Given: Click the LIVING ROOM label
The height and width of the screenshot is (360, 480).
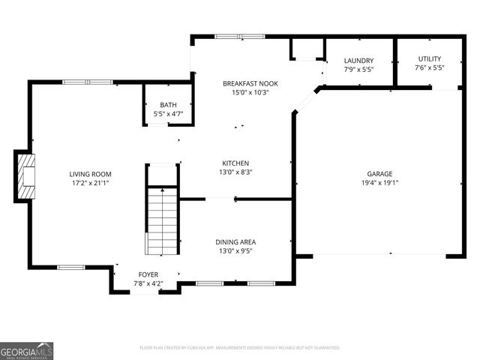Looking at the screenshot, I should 90,173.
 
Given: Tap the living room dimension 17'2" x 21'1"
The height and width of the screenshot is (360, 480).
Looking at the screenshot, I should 90,182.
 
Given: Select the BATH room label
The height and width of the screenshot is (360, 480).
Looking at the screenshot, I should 168,105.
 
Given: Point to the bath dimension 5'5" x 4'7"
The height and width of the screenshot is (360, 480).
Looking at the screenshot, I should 168,114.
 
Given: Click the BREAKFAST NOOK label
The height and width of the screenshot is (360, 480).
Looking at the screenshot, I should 240,83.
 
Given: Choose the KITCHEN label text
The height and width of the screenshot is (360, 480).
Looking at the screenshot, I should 235,163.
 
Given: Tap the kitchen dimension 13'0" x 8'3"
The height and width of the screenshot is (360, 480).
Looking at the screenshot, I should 235,172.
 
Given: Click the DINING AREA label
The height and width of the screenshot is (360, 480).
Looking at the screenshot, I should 235,241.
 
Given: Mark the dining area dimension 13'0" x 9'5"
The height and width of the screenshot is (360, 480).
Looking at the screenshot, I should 235,250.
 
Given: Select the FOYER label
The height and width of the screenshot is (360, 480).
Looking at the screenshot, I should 148,274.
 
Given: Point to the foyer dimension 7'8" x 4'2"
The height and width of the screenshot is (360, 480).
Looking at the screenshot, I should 148,283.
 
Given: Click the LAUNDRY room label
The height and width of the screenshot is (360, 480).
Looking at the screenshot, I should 358,60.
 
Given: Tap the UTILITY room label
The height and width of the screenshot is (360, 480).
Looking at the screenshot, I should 430,58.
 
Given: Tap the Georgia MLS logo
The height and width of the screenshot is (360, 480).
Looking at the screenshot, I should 26,350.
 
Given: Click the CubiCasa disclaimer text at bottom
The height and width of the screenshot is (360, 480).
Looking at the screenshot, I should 240,347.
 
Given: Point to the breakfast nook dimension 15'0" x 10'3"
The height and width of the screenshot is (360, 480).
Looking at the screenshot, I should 240,92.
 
